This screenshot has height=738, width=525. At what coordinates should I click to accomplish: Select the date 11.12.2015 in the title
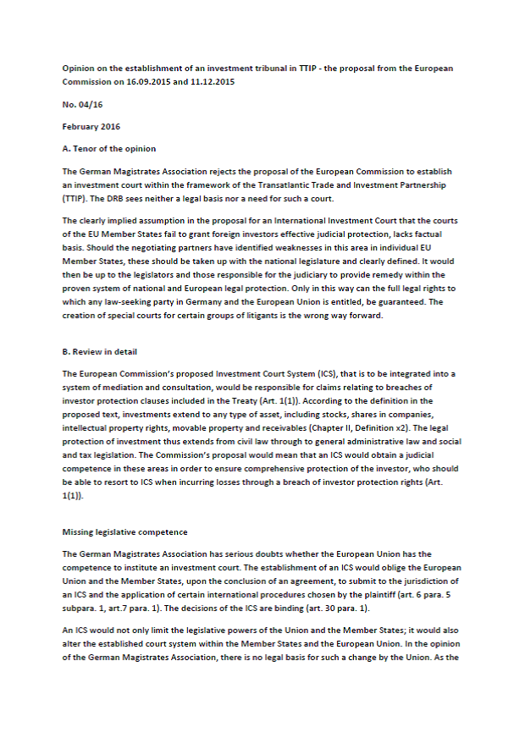[x=212, y=82]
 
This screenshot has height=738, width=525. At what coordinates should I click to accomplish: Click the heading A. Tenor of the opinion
[x=109, y=149]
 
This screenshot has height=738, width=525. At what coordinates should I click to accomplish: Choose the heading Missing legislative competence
[x=124, y=532]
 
